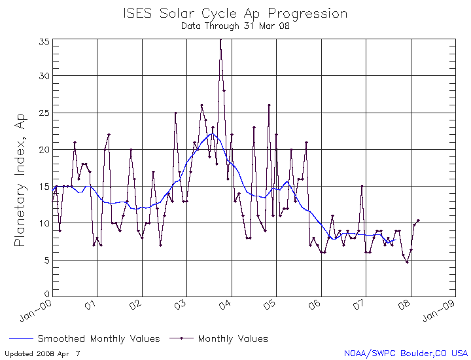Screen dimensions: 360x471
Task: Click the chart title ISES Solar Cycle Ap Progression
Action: click(x=235, y=14)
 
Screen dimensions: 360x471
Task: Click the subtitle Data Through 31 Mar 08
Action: click(x=235, y=27)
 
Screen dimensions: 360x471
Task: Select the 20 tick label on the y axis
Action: click(x=44, y=150)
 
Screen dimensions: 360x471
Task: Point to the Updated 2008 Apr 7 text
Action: click(x=41, y=353)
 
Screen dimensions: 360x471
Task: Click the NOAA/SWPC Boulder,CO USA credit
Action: click(x=406, y=353)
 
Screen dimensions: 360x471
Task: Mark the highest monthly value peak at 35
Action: click(x=220, y=39)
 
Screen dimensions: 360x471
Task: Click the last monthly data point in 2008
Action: click(x=418, y=221)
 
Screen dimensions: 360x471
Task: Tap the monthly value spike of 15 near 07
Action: click(x=362, y=187)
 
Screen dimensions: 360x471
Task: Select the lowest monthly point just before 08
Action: click(x=407, y=262)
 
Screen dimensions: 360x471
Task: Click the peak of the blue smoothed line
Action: click(x=212, y=134)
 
